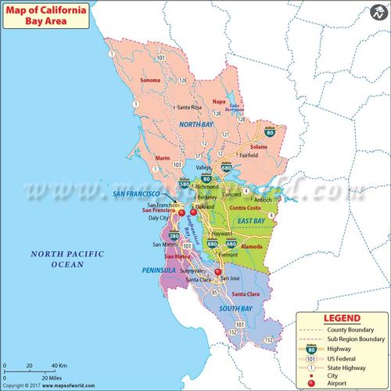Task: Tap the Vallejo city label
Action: coord(204,168)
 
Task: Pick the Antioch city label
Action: coord(285,199)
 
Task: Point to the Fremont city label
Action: coord(228,256)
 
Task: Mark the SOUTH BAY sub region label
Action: coord(235,310)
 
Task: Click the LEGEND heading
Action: coord(341,319)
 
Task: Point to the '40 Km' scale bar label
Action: coord(59,366)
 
